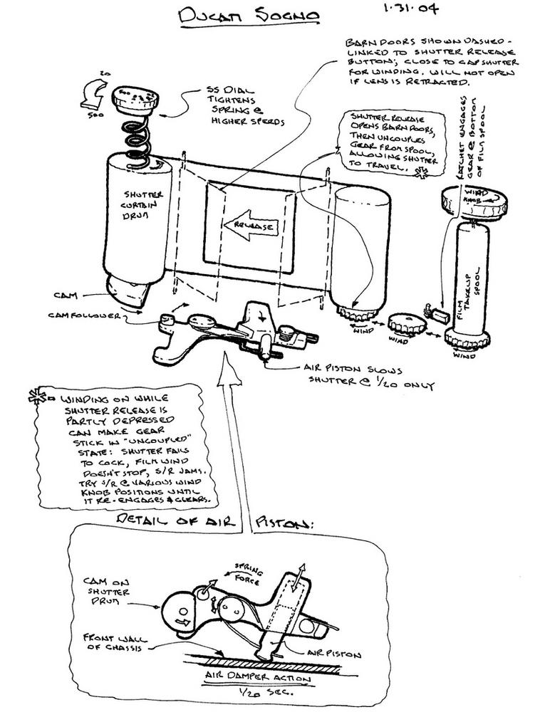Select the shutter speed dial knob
click(142, 98)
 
